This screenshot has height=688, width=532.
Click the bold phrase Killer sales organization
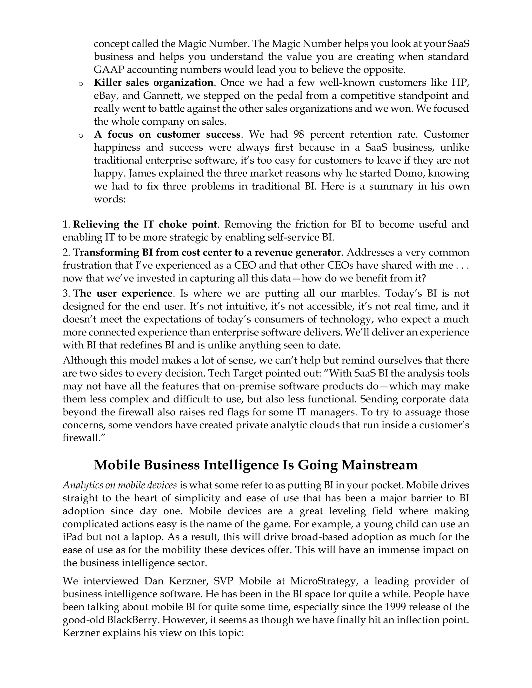point(154,83)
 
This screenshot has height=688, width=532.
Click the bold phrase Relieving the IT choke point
point(145,225)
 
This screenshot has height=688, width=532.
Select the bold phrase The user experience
point(123,294)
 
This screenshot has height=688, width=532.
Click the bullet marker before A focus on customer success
point(81,136)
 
